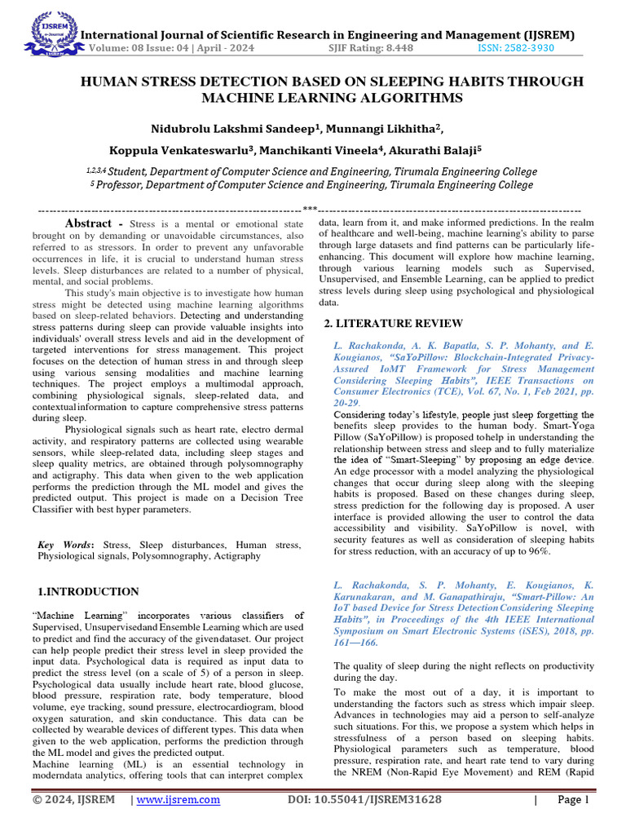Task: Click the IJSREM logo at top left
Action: tap(49, 31)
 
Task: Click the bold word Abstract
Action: tap(89, 223)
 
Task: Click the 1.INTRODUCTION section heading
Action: tap(89, 591)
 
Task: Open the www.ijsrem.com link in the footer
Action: tap(179, 800)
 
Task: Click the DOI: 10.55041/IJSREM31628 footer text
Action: tap(364, 800)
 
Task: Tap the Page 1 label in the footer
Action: tap(572, 800)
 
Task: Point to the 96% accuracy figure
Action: tap(539, 551)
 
